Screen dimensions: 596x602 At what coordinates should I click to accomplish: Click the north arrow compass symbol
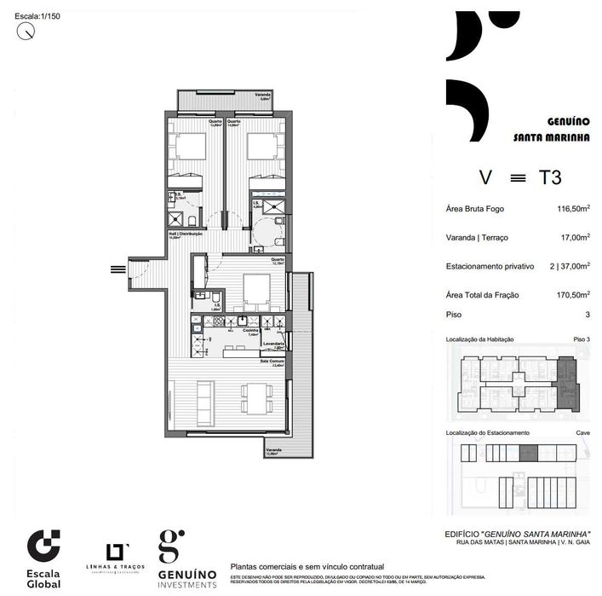[27, 31]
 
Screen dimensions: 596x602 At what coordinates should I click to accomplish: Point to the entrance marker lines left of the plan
[117, 269]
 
